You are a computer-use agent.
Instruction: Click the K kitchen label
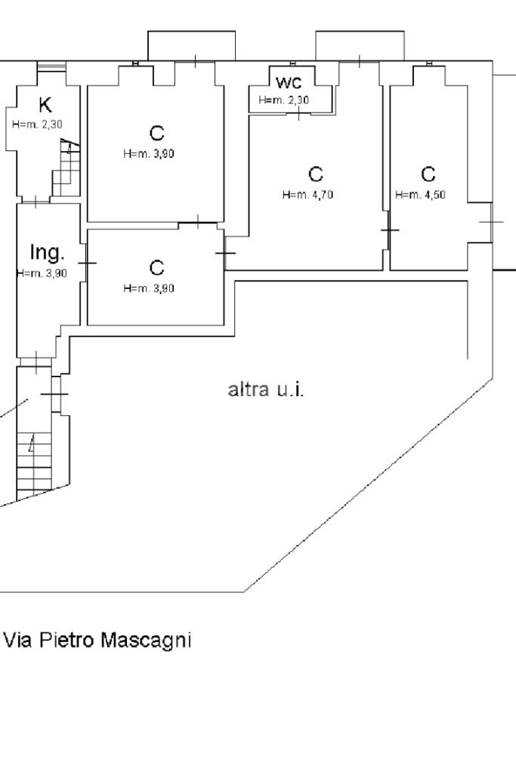point(45,106)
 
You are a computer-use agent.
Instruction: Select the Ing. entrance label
point(47,251)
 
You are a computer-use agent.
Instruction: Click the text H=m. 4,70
point(308,195)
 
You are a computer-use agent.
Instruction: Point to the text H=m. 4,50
point(420,195)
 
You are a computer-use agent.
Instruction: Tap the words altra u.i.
point(266,391)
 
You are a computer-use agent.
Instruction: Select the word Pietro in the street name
point(70,641)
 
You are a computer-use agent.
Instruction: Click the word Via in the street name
point(18,641)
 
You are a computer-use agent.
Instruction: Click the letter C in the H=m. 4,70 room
point(316,174)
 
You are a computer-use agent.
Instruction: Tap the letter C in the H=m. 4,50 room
point(428,174)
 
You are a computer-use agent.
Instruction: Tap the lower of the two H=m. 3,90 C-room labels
point(150,288)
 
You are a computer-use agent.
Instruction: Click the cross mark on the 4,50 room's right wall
point(491,222)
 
